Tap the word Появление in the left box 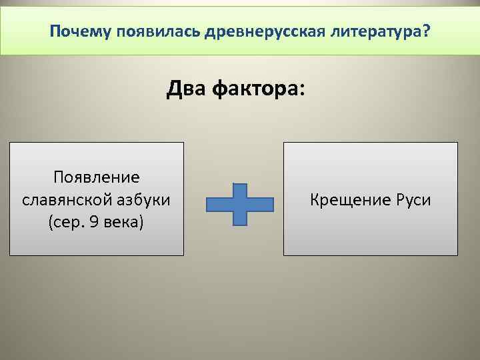click(97, 177)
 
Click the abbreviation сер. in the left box click(69, 221)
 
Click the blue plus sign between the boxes click(240, 203)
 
